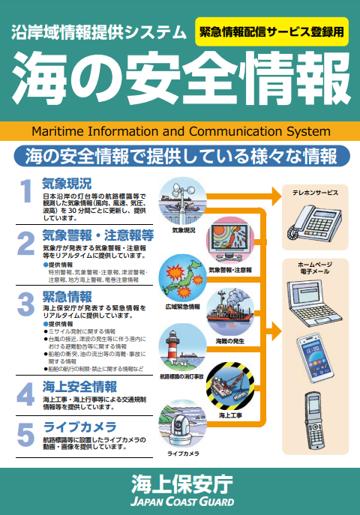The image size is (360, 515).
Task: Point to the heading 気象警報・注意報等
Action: [97, 235]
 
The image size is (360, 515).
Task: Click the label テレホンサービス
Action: [315, 193]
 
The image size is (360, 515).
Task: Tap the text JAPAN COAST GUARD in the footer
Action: [179, 500]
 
